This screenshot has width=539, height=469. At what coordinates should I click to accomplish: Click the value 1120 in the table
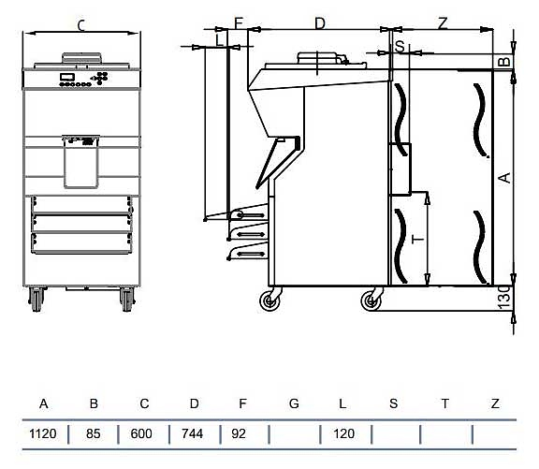coord(43,433)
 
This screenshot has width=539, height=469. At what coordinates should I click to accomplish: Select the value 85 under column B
coord(94,433)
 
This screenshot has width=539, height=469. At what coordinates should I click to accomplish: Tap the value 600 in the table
coord(141,433)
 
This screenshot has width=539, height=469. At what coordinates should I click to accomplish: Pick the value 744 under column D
coord(192,433)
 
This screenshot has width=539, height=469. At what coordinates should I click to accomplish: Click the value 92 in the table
coord(239,433)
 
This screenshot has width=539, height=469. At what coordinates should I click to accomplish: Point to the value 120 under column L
coord(343,433)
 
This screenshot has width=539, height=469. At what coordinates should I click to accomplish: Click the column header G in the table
coord(294,403)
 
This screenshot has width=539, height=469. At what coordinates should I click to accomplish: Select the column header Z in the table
coord(495,403)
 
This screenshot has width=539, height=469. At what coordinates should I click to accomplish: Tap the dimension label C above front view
coord(81,25)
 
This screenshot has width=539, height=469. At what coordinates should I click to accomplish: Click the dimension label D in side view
coord(320,23)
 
